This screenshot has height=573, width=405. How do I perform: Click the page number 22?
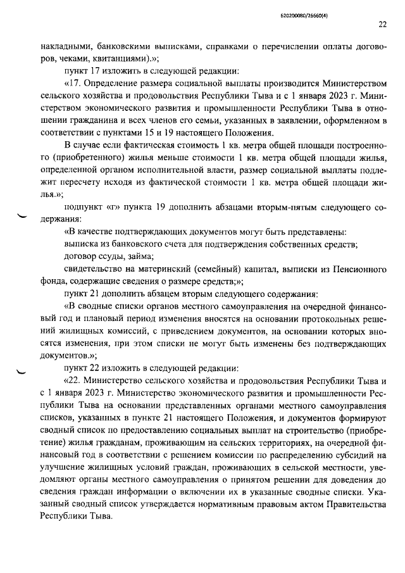382,25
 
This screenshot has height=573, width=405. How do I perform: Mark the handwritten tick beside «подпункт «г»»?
25,217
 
